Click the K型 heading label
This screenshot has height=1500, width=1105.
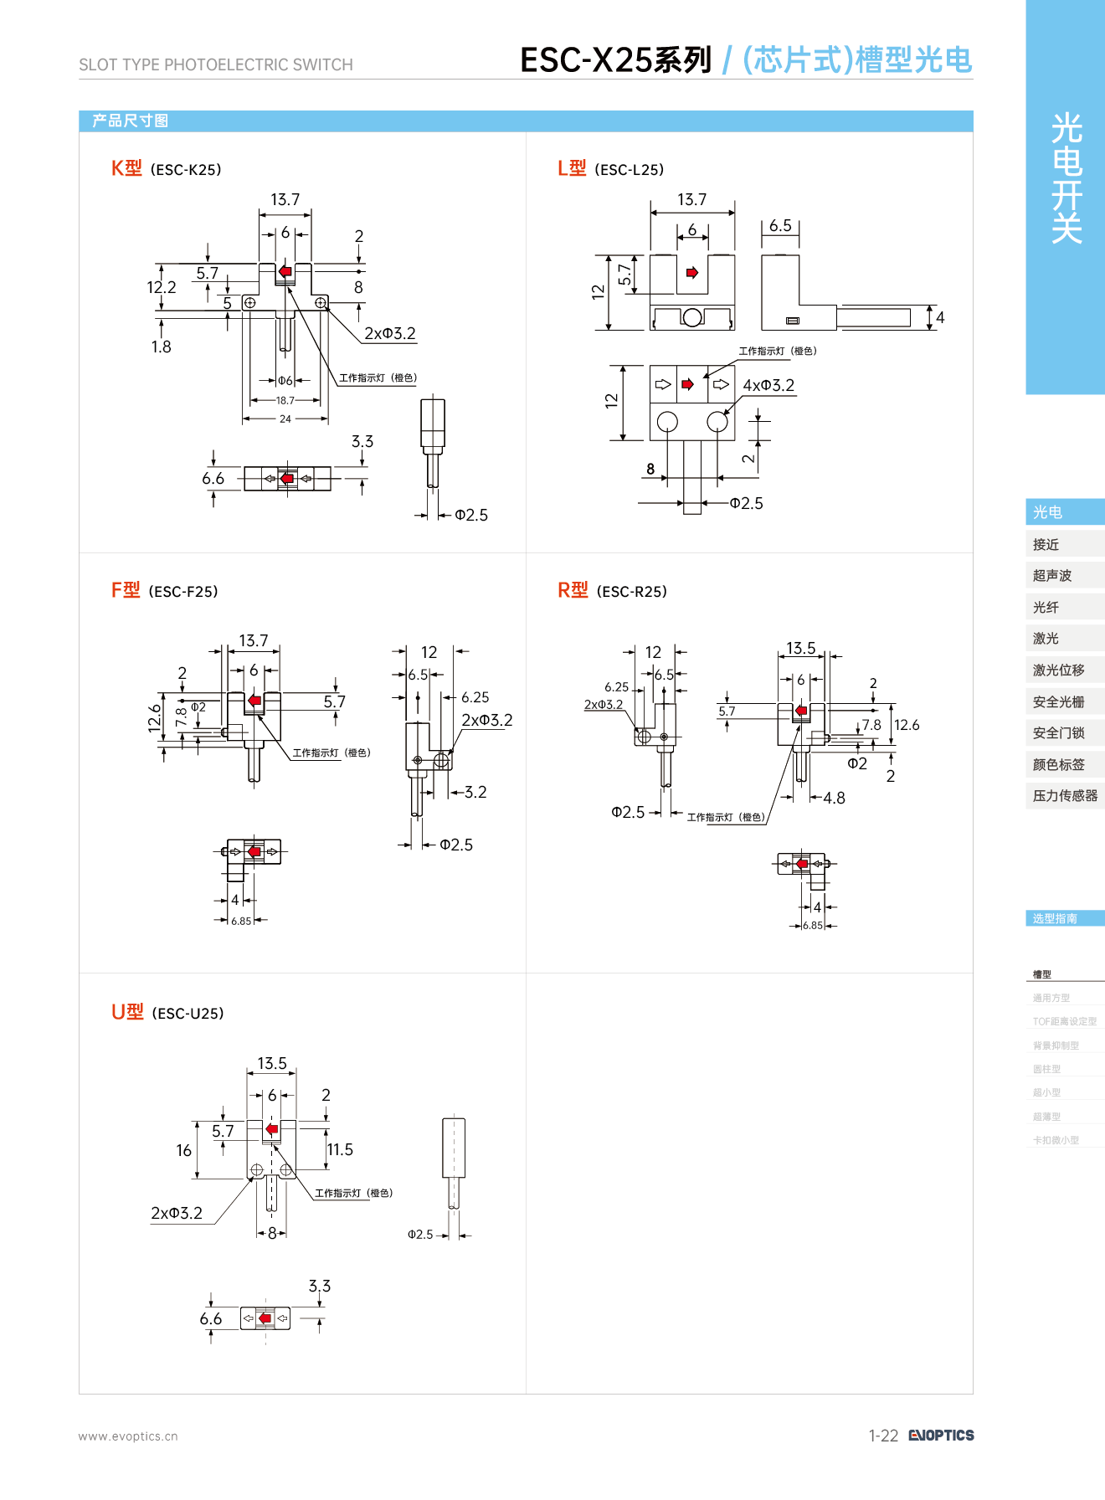pyautogui.click(x=126, y=168)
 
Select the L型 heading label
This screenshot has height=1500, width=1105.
pyautogui.click(x=572, y=168)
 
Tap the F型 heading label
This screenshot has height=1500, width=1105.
pyautogui.click(x=126, y=590)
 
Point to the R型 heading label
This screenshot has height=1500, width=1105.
pyautogui.click(x=573, y=590)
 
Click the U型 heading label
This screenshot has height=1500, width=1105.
pyautogui.click(x=127, y=1012)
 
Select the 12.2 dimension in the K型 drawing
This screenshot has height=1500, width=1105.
pyautogui.click(x=161, y=287)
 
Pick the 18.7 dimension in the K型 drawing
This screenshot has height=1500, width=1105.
pyautogui.click(x=285, y=400)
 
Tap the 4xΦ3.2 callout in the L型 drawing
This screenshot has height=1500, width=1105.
pyautogui.click(x=768, y=385)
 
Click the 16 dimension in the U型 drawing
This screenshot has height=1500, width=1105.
pyautogui.click(x=184, y=1150)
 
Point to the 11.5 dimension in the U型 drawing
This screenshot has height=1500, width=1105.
pyautogui.click(x=340, y=1149)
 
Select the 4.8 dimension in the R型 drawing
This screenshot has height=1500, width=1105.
pyautogui.click(x=834, y=798)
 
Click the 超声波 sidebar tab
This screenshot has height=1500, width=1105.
pyautogui.click(x=1052, y=575)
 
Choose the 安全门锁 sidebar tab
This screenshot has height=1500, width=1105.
pyautogui.click(x=1058, y=732)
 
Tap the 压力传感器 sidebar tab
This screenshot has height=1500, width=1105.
pyautogui.click(x=1065, y=795)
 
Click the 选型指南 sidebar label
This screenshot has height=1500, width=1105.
pyautogui.click(x=1055, y=918)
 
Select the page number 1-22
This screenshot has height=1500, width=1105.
pyautogui.click(x=883, y=1436)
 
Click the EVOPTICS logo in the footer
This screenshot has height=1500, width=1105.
pyautogui.click(x=942, y=1435)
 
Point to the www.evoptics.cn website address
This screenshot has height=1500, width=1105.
pyautogui.click(x=128, y=1436)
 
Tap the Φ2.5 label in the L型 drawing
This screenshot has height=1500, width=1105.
pyautogui.click(x=746, y=503)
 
